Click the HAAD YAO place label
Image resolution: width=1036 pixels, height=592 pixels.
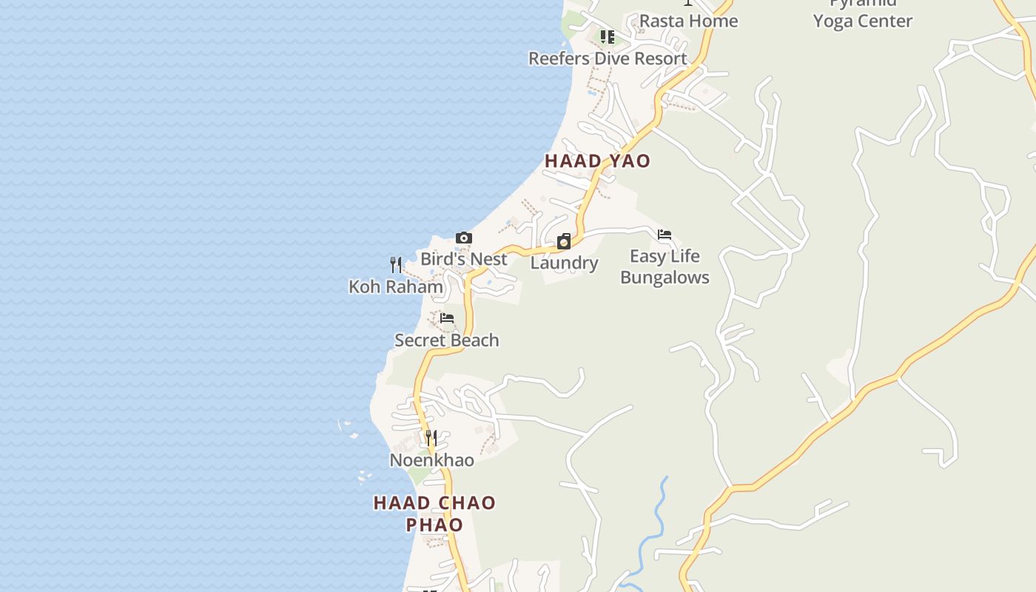point(597,161)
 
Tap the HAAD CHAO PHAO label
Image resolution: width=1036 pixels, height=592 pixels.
point(434,514)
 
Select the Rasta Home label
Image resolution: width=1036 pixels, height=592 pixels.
point(688,21)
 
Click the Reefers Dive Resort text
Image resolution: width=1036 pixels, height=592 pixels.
point(608,58)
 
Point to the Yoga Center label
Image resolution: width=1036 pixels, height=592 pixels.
point(862,21)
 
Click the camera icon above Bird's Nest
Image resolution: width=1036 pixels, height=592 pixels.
point(464,238)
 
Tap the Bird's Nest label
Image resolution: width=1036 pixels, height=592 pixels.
point(464,259)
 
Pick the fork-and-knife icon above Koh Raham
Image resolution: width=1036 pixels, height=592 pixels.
point(396,264)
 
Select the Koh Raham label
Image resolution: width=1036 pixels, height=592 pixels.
point(396,286)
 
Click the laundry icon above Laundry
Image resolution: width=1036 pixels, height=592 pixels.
point(564,241)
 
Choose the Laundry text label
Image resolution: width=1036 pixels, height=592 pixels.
point(564,263)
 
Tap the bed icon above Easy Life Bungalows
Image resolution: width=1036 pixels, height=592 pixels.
point(665,235)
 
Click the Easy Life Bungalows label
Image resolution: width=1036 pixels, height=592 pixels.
point(665,266)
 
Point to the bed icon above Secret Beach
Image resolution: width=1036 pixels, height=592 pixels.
point(447,318)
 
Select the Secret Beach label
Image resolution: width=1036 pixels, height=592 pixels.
point(447,340)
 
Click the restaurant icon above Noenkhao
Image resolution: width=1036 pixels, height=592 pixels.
point(431,438)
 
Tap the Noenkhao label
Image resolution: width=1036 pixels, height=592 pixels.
point(431,460)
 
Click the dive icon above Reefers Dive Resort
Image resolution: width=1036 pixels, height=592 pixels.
point(608,36)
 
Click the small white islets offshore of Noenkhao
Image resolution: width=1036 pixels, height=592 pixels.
point(346,426)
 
